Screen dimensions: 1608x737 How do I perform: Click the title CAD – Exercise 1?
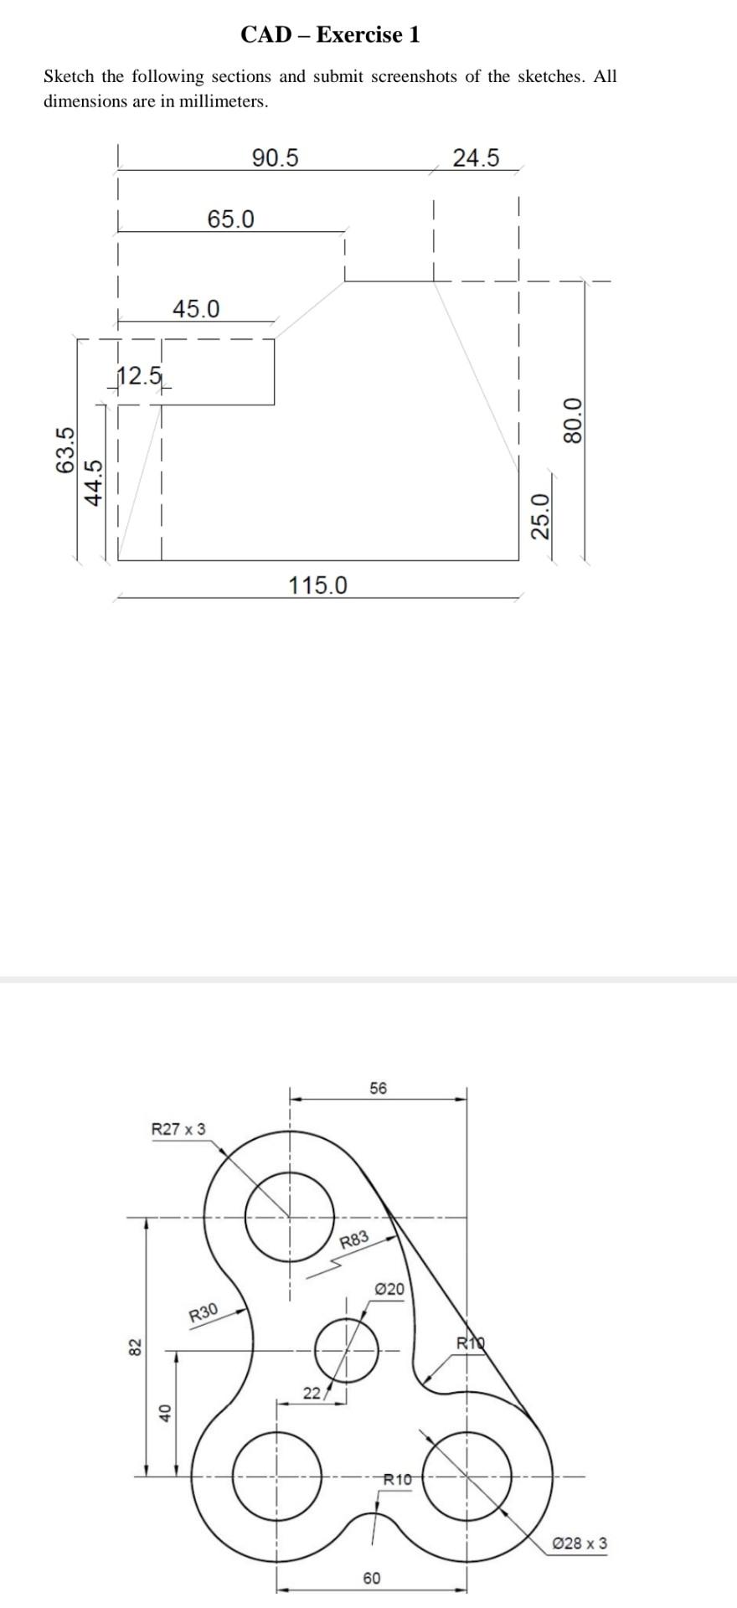click(330, 34)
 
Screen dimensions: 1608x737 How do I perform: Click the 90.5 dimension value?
click(275, 157)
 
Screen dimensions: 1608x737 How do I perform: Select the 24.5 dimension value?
click(476, 157)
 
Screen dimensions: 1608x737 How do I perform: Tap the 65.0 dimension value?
click(230, 219)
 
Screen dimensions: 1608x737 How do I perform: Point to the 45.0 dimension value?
click(196, 309)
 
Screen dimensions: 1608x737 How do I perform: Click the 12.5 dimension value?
click(139, 376)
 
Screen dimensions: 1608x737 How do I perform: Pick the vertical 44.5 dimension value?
click(95, 482)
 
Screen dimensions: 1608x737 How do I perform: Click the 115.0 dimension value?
click(317, 585)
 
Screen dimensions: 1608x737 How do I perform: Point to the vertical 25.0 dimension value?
click(542, 517)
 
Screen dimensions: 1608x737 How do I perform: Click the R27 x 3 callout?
click(178, 1129)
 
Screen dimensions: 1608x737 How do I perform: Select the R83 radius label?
click(354, 1240)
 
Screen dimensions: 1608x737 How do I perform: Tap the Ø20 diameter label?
click(389, 1289)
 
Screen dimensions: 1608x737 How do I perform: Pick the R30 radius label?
click(204, 1312)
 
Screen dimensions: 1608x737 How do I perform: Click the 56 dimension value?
click(379, 1088)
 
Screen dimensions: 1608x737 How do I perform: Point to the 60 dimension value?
click(372, 1578)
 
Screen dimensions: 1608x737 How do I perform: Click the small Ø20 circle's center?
click(347, 1350)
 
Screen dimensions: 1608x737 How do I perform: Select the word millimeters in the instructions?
click(224, 102)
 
